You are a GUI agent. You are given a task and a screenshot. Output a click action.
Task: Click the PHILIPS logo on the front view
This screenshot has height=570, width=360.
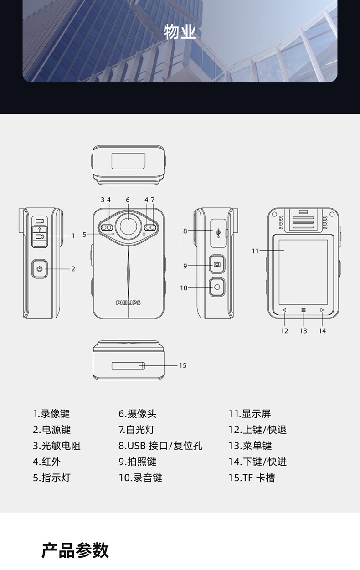128,303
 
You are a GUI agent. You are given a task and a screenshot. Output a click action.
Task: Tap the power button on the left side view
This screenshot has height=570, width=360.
40,269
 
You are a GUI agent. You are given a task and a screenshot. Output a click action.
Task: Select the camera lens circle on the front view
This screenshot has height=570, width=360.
128,226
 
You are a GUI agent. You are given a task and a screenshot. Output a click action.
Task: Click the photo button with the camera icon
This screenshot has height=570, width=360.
217,264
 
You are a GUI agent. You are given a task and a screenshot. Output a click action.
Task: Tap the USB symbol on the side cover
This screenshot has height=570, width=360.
220,232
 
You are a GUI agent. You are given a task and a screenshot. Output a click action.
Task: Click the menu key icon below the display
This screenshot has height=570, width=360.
303,310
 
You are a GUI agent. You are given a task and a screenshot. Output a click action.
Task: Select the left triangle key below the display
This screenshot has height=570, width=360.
284,310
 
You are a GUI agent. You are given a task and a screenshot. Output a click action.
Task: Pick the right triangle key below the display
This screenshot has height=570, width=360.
322,310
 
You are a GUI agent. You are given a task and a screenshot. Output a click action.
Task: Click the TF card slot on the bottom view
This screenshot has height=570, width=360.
128,365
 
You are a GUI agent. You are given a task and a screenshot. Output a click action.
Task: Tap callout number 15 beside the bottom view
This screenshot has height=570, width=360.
183,365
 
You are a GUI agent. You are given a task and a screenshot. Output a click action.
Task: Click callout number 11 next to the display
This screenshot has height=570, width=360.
255,251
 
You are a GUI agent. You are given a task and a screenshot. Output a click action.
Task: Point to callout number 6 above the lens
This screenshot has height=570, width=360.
128,200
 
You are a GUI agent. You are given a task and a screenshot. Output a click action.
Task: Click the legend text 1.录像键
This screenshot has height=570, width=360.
51,414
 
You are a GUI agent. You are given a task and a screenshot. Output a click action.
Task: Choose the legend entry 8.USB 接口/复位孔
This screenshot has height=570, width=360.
160,446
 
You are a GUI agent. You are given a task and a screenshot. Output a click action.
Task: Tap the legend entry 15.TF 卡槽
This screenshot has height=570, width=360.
252,478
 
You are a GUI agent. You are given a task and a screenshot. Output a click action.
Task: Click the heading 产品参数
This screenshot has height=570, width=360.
75,550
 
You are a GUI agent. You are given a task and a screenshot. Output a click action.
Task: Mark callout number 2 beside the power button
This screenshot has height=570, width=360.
73,269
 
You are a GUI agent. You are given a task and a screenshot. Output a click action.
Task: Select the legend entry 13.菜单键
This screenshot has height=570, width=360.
250,446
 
